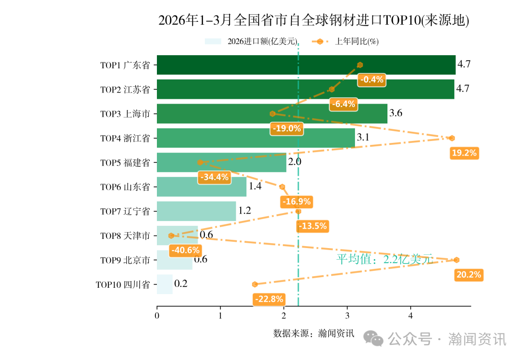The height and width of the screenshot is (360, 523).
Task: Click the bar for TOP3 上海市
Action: click(x=272, y=114)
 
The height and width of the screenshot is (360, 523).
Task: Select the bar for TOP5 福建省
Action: click(x=221, y=162)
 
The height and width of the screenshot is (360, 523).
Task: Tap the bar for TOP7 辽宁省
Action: click(x=196, y=211)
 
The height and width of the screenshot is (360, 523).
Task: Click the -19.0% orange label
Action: click(x=287, y=129)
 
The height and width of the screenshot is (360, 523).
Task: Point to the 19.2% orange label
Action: click(x=464, y=153)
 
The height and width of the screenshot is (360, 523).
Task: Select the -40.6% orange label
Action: click(x=185, y=250)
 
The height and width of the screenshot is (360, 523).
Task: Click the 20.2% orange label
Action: click(x=469, y=275)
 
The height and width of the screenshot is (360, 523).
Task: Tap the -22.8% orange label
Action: click(x=269, y=299)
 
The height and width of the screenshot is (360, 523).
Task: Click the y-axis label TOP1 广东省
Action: click(x=125, y=65)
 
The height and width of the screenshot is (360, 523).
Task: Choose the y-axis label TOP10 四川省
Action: click(x=123, y=284)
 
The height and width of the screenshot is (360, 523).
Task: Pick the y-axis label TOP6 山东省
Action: click(x=125, y=187)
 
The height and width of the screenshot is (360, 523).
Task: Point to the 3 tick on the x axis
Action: click(x=347, y=316)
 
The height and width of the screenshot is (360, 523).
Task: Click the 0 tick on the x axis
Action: click(x=157, y=316)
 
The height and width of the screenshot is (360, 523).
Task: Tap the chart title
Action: click(x=314, y=20)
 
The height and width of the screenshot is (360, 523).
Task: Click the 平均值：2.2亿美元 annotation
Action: click(x=384, y=259)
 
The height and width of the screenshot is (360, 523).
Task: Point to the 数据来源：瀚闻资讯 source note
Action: click(x=314, y=333)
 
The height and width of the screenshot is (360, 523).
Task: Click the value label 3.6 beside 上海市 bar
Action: click(x=396, y=113)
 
